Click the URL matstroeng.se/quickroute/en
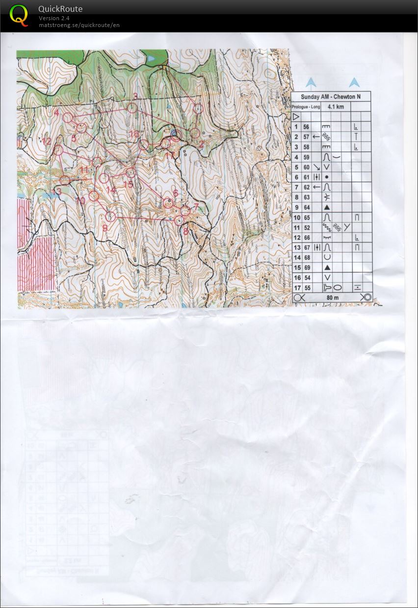(x=79, y=25)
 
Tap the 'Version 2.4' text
(x=54, y=18)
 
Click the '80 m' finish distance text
(x=333, y=298)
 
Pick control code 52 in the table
(x=307, y=228)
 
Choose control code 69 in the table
(x=307, y=267)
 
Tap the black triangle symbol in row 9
(x=327, y=207)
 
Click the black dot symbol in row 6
(x=327, y=177)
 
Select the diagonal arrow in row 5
(x=316, y=167)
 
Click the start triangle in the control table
(x=296, y=117)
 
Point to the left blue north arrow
(x=311, y=82)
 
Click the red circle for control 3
(x=132, y=108)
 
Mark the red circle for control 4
(x=68, y=118)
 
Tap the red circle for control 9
(x=110, y=216)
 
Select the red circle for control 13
(x=65, y=180)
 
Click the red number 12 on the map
(x=47, y=142)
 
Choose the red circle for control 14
(x=104, y=178)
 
